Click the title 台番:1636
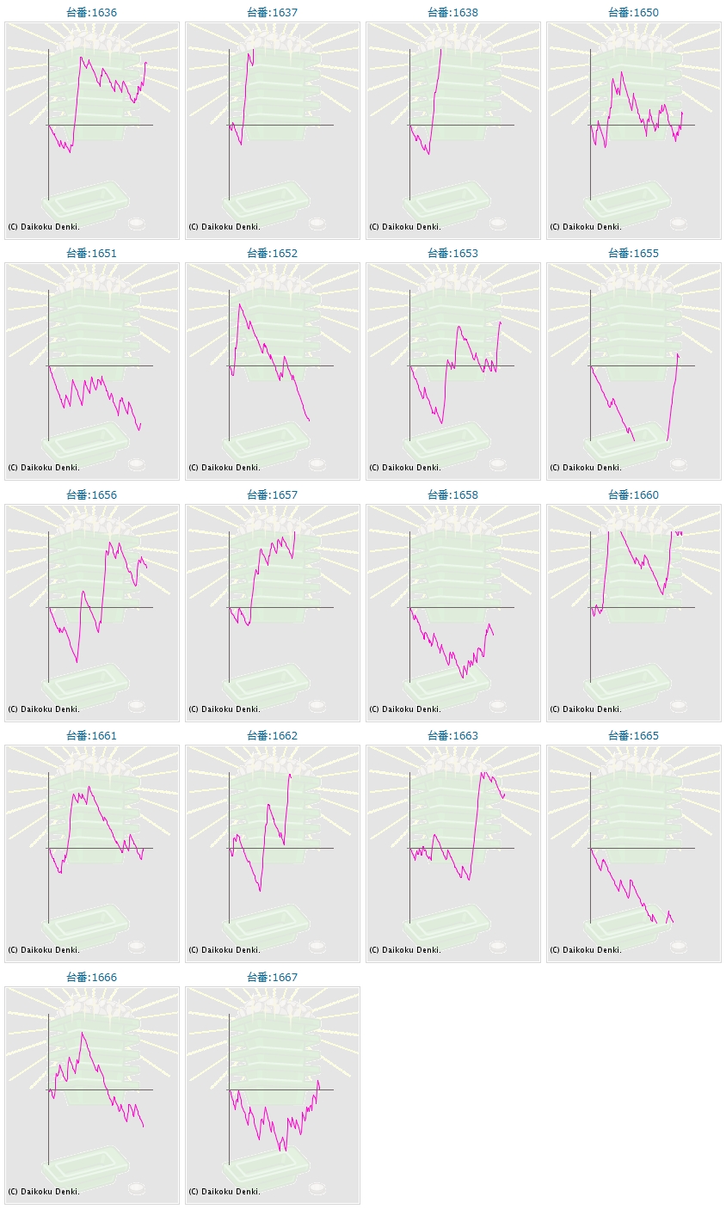(x=91, y=13)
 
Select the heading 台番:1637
(x=272, y=13)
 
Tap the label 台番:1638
(x=452, y=13)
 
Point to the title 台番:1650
(x=633, y=13)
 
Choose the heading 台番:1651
(x=91, y=254)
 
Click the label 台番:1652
(x=272, y=254)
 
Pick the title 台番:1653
(x=452, y=254)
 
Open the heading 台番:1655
(x=633, y=254)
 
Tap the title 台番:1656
(x=91, y=495)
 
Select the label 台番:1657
(x=272, y=495)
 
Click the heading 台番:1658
(x=452, y=495)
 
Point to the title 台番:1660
(x=633, y=495)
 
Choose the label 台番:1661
(x=91, y=736)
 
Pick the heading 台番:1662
(x=272, y=736)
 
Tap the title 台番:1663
(x=452, y=736)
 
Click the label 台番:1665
(x=633, y=736)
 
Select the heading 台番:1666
(x=91, y=978)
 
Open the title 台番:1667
(x=272, y=978)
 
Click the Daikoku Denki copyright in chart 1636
(x=44, y=227)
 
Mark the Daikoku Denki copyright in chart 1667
(x=225, y=1192)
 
